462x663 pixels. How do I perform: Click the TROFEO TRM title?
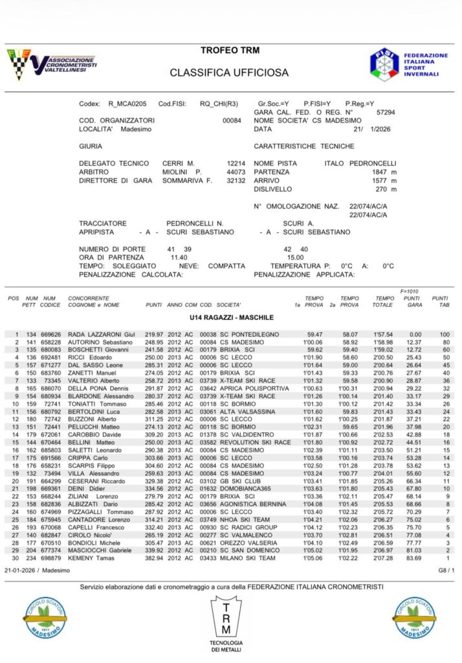pyautogui.click(x=231, y=51)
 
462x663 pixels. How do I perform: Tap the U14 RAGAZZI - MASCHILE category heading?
pyautogui.click(x=231, y=318)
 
